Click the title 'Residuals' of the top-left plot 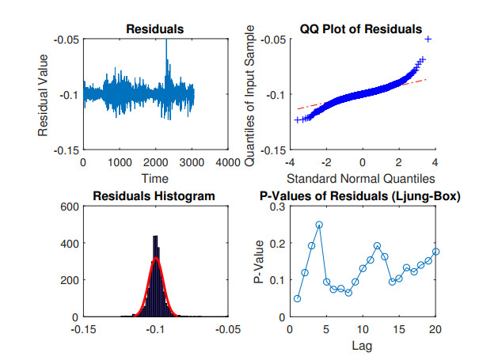coord(155,29)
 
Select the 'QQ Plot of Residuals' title coord(360,29)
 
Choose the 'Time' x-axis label coord(155,179)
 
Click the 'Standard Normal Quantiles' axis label coord(361,179)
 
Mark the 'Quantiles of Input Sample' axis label coord(250,94)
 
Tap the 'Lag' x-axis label coord(362,345)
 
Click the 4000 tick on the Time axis coord(227,162)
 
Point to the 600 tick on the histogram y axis coord(68,207)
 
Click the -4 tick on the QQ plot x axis coord(290,162)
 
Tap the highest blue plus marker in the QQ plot coord(428,39)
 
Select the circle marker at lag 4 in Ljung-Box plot coord(319,225)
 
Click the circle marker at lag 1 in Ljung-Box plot coord(297,298)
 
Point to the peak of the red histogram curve coord(156,258)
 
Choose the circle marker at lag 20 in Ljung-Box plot coord(435,252)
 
